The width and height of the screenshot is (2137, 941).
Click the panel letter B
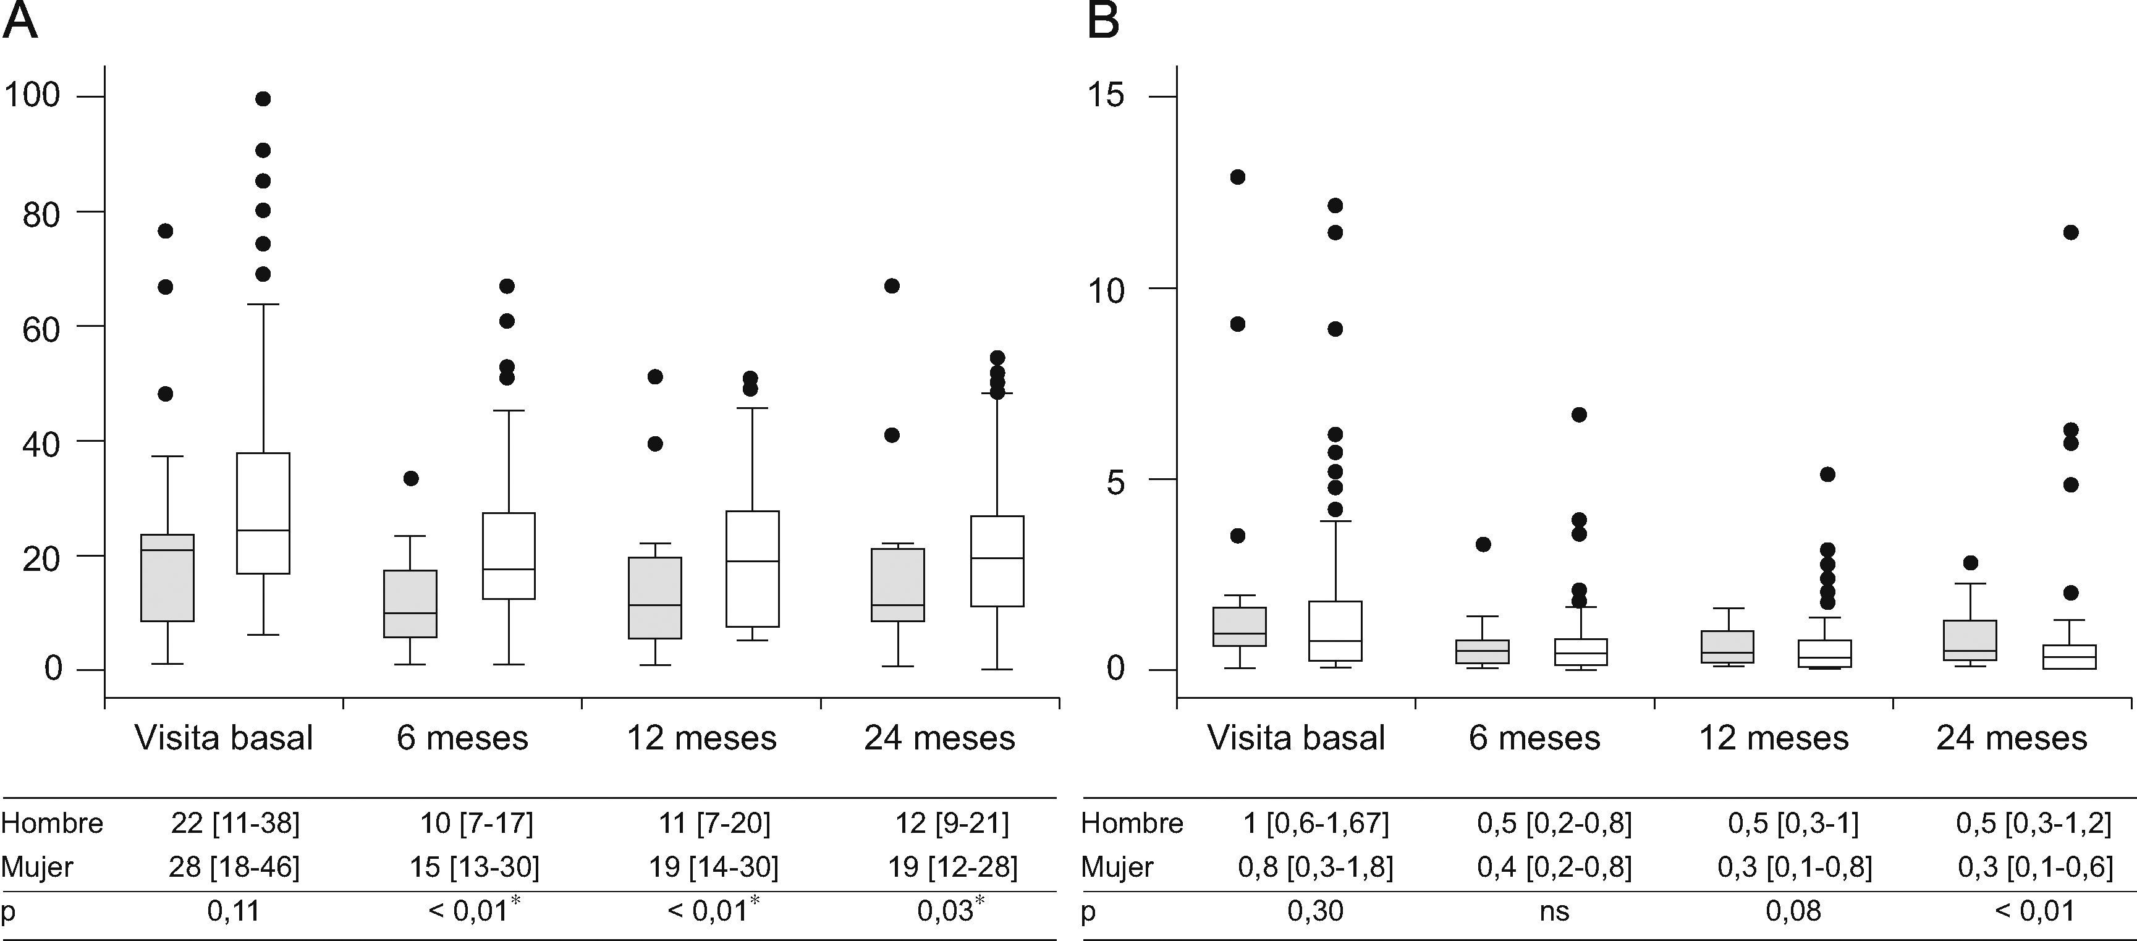coord(1102,21)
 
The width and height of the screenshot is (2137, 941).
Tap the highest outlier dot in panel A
coord(263,99)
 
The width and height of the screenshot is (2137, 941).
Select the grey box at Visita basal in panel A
coord(167,577)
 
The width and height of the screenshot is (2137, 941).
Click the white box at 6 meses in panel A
coord(509,555)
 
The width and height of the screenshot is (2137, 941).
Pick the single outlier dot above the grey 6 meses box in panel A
coord(410,478)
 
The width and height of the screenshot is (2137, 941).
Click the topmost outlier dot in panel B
coord(1237,177)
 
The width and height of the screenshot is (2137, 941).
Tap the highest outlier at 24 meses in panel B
coord(2071,232)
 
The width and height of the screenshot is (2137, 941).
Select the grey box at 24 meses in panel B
coord(1970,640)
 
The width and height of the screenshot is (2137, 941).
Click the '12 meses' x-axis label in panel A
coord(701,738)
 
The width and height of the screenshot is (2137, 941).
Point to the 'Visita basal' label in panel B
coord(1296,738)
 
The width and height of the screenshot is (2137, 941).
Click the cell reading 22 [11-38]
coord(235,823)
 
